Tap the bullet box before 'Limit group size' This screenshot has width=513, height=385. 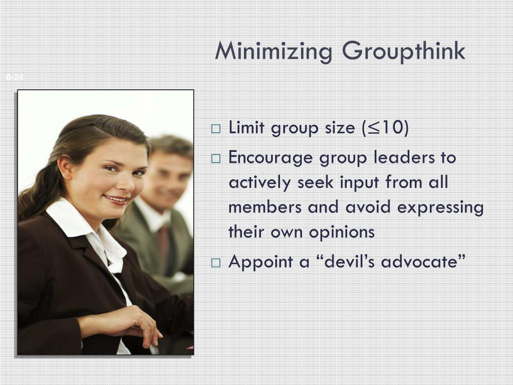[216, 129]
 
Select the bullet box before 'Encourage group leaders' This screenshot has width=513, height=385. [216, 158]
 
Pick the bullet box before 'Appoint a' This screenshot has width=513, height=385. [216, 262]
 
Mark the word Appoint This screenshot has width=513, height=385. [260, 262]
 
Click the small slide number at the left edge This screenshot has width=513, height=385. [15, 77]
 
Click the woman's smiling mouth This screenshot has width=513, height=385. [117, 199]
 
